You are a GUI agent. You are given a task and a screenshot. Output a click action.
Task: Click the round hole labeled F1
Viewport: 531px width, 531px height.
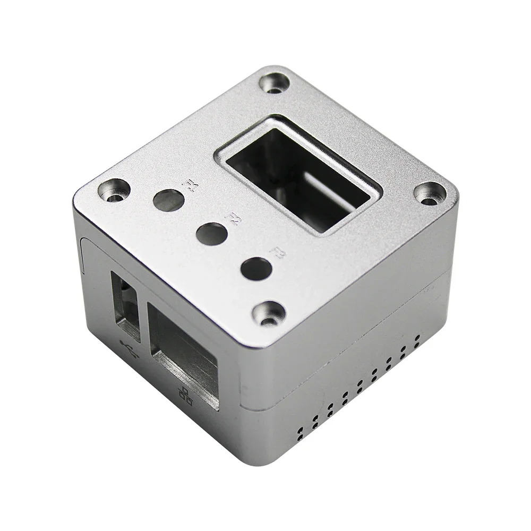point(168,200)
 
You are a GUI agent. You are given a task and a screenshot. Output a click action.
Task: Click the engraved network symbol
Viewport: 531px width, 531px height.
point(185,396)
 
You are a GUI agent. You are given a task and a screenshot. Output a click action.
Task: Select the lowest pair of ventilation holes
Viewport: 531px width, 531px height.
point(300,433)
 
